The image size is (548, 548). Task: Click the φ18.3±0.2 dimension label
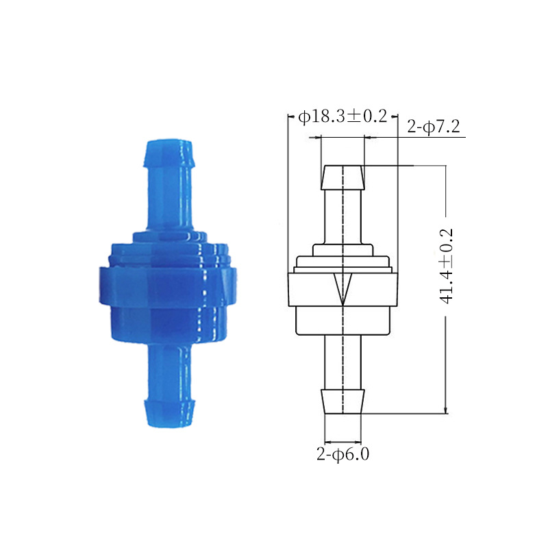click(x=342, y=116)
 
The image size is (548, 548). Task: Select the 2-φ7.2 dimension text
click(x=434, y=126)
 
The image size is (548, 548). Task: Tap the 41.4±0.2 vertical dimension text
click(x=447, y=266)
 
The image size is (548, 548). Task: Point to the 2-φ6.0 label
click(x=343, y=454)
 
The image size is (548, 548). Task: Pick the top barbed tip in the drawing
click(x=343, y=177)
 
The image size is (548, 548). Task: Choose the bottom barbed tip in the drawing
click(x=343, y=401)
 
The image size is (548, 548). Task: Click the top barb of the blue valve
click(x=169, y=153)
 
